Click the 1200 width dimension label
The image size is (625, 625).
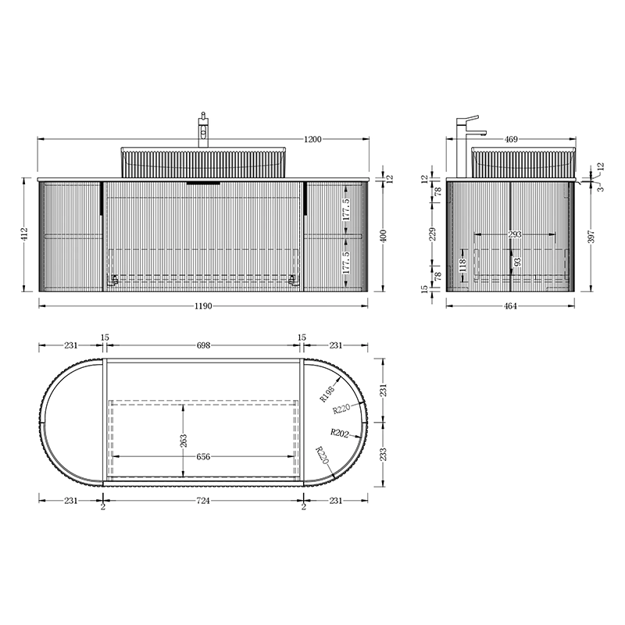pyautogui.click(x=312, y=139)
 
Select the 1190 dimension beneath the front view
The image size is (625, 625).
pyautogui.click(x=203, y=306)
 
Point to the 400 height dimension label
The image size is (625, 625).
pyautogui.click(x=384, y=236)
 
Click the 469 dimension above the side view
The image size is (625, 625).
pyautogui.click(x=511, y=139)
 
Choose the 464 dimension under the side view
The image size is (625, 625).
pyautogui.click(x=511, y=306)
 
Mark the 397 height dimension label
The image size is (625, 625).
pyautogui.click(x=591, y=237)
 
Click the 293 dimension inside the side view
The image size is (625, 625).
pyautogui.click(x=515, y=234)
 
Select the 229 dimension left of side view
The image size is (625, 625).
pyautogui.click(x=434, y=234)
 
